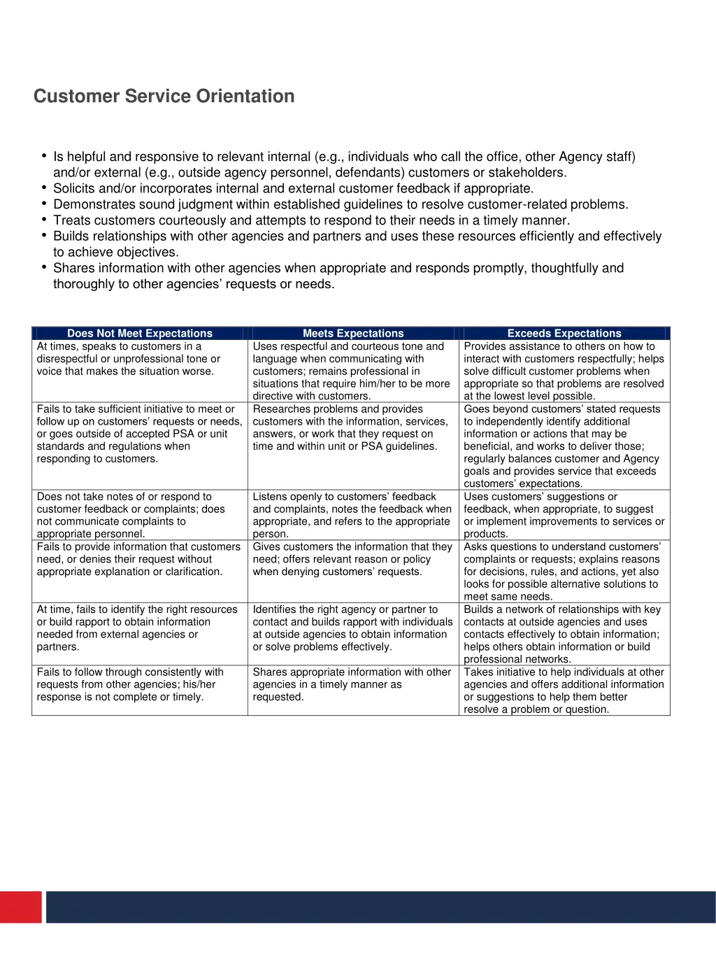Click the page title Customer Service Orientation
pos(164,97)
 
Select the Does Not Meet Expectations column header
pos(139,334)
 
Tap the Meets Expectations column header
pos(353,334)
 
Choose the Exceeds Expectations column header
pos(564,334)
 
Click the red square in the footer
pos(21,907)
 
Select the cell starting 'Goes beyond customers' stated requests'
pos(564,446)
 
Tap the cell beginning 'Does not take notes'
pos(139,515)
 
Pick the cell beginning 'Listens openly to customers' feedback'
pos(352,515)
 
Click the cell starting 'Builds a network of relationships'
pos(564,634)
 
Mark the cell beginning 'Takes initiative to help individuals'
pos(564,690)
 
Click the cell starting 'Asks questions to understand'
pos(564,571)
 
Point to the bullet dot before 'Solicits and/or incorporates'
pos(44,188)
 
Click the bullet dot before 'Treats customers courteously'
pos(44,220)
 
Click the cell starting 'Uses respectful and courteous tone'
pos(352,371)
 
